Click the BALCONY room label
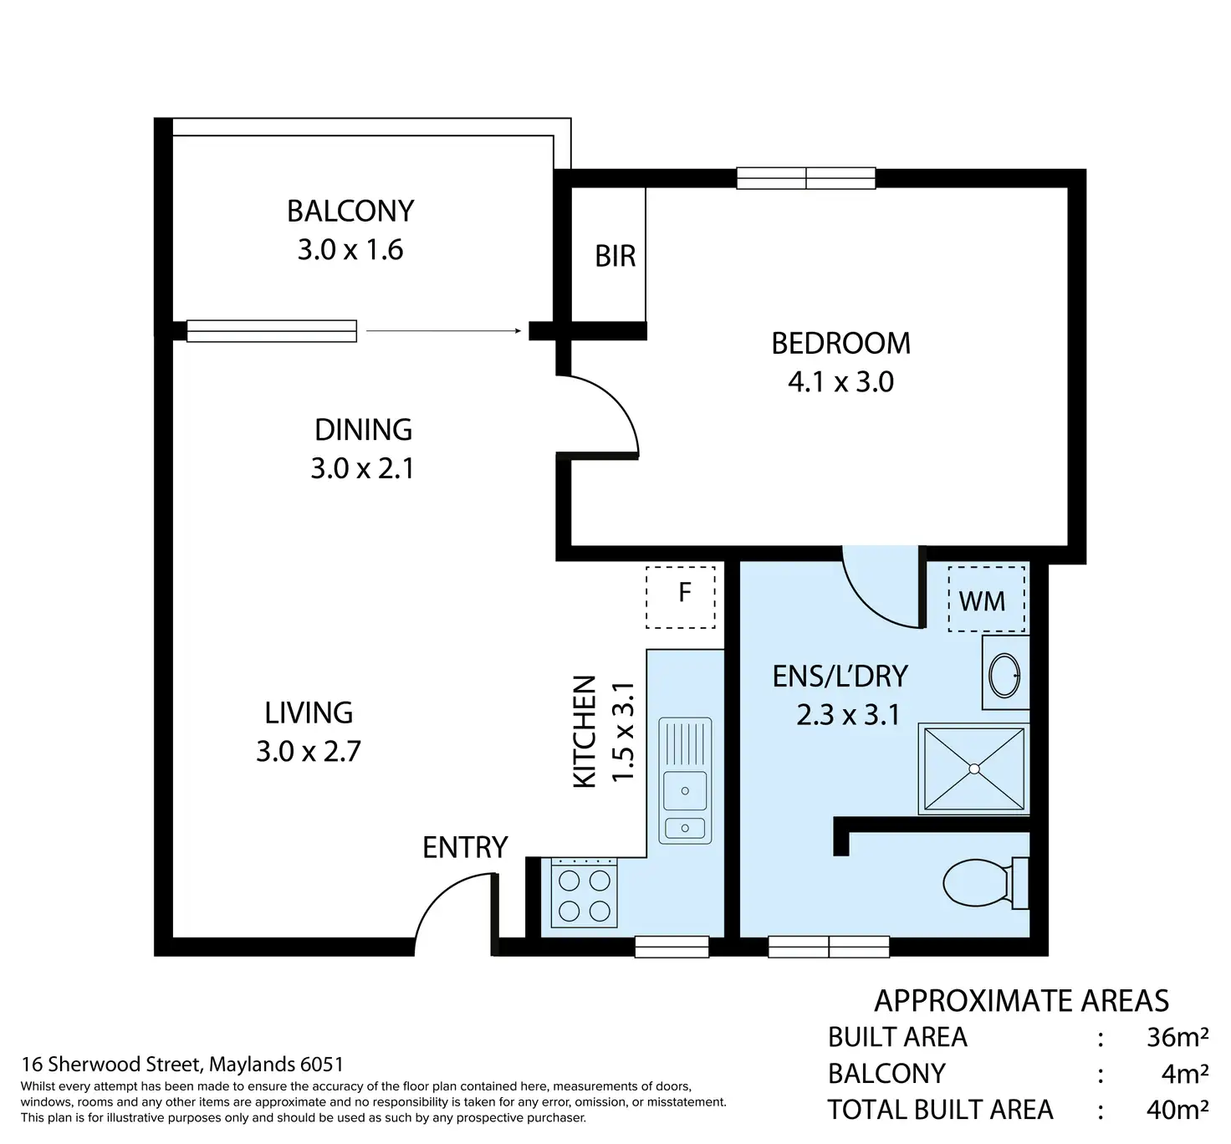tap(350, 212)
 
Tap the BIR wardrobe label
tap(615, 256)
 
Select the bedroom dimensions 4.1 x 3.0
tap(840, 382)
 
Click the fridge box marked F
tap(681, 596)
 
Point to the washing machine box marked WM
tap(986, 599)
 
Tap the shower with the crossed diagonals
tap(973, 769)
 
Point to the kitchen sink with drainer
tap(685, 781)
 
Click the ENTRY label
tap(465, 848)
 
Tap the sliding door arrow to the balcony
tap(444, 331)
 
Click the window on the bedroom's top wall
tap(806, 179)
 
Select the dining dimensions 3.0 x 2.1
tap(363, 469)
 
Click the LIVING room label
tap(309, 713)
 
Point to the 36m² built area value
tap(1177, 1037)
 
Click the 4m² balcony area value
tap(1184, 1074)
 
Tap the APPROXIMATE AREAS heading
tap(1021, 1001)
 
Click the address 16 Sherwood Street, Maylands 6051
tap(182, 1064)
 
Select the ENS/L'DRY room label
tap(840, 677)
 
